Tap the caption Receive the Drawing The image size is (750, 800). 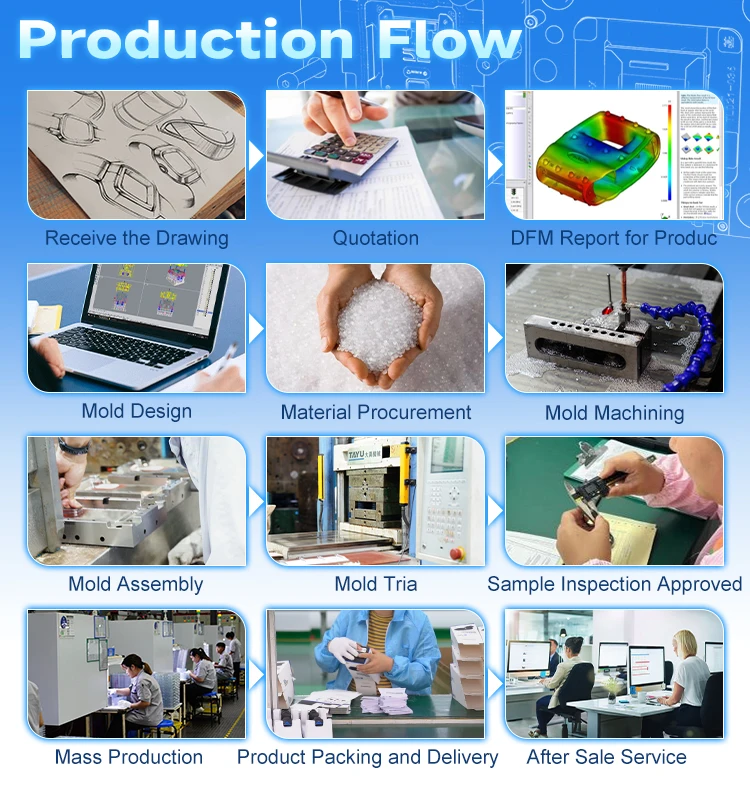[x=137, y=239]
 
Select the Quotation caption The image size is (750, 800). [x=375, y=239]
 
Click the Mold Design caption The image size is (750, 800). [x=137, y=411]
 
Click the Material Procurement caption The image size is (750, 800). [x=375, y=412]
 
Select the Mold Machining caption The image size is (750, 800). [x=614, y=412]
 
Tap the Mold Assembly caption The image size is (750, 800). [x=136, y=585]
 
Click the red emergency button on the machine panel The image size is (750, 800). [x=457, y=552]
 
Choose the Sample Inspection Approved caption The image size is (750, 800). [x=614, y=584]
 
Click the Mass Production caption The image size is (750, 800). [x=129, y=757]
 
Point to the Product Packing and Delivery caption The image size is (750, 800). [x=367, y=757]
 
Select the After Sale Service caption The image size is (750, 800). [x=606, y=757]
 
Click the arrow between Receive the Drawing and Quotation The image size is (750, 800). [x=255, y=156]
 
